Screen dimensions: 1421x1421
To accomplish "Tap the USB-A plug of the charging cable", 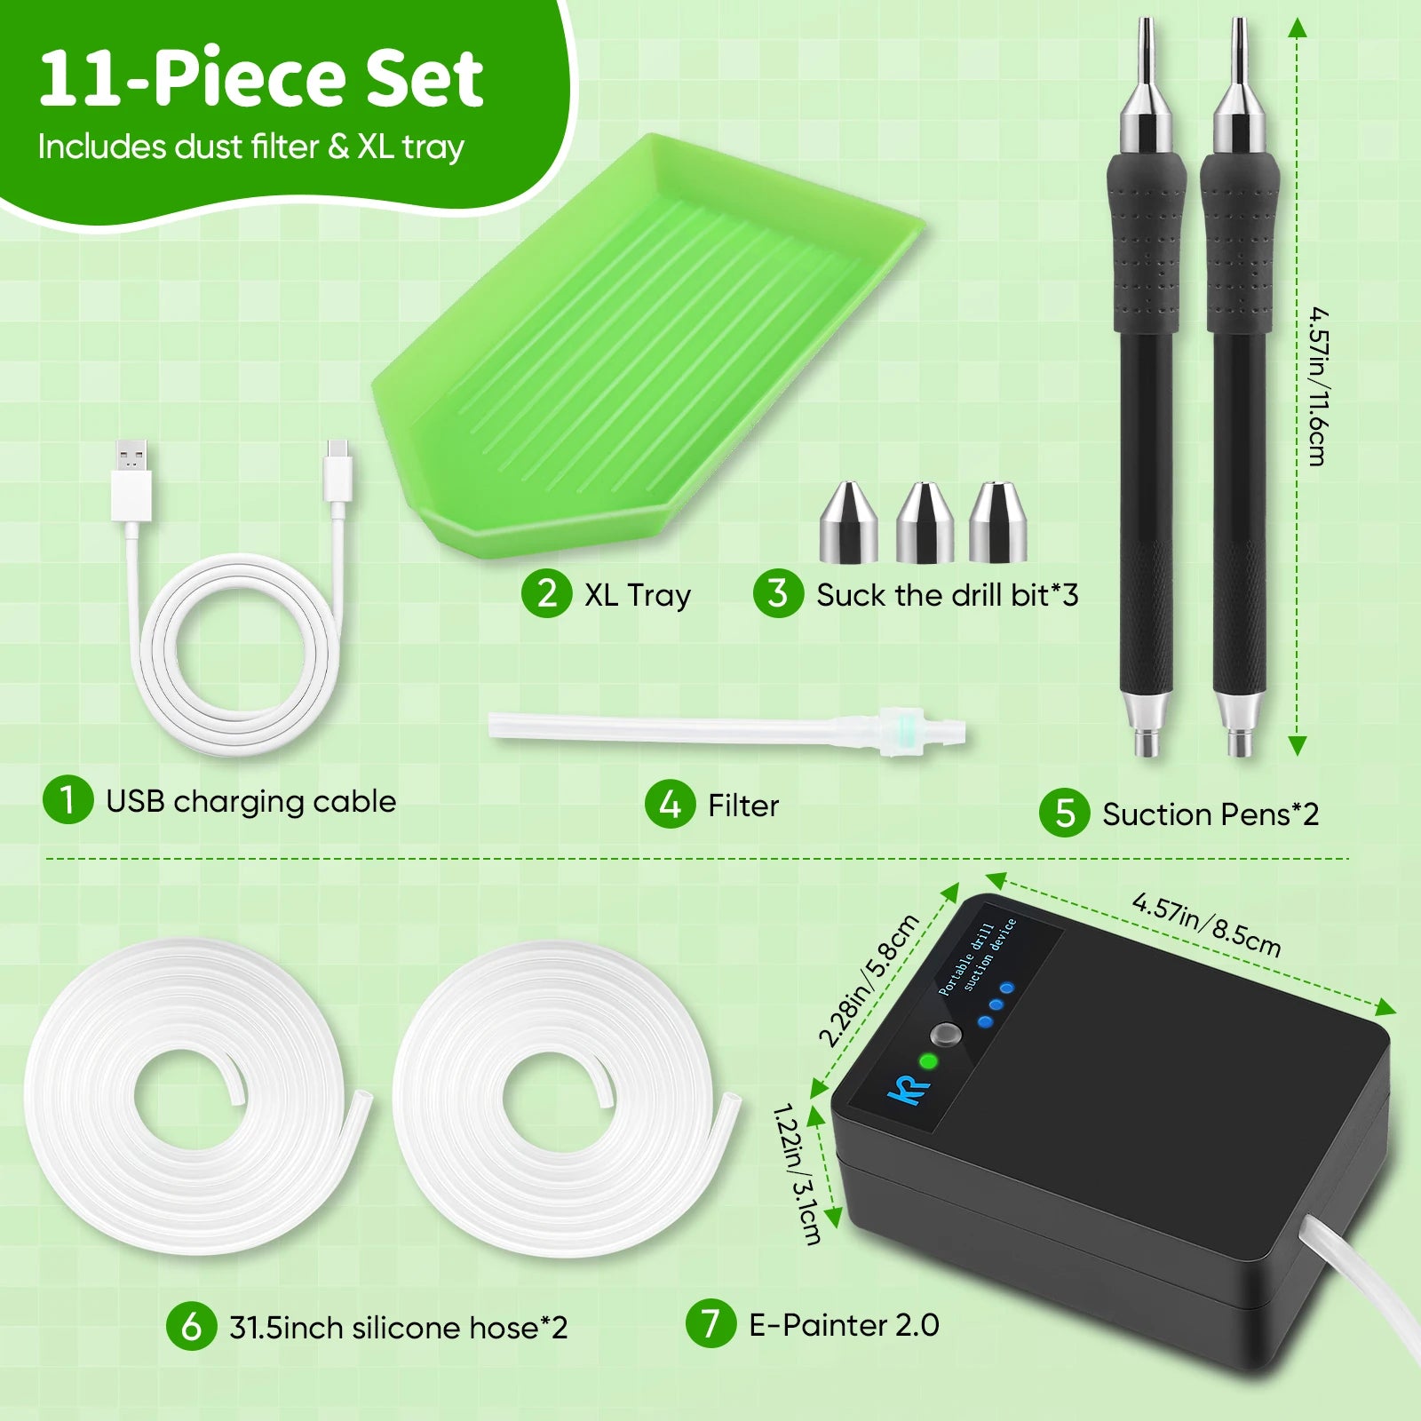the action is pyautogui.click(x=131, y=480).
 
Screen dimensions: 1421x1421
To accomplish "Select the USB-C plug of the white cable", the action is pyautogui.click(x=338, y=472).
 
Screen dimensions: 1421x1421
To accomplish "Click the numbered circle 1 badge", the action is pyautogui.click(x=67, y=799).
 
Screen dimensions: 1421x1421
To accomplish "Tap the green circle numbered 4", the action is pyautogui.click(x=670, y=804).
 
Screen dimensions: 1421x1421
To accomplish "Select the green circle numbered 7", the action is pyautogui.click(x=710, y=1323).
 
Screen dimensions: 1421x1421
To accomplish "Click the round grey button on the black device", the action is pyautogui.click(x=946, y=1036).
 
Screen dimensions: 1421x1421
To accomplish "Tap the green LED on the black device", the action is pyautogui.click(x=928, y=1061).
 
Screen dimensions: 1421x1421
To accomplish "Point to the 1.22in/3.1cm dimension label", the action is pyautogui.click(x=797, y=1172).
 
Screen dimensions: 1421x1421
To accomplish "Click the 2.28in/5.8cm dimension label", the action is pyautogui.click(x=868, y=980).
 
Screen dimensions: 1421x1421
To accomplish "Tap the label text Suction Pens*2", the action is pyautogui.click(x=1211, y=814).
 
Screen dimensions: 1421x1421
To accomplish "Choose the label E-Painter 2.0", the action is pyautogui.click(x=844, y=1324).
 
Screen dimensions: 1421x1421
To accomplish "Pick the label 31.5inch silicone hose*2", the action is pyautogui.click(x=398, y=1327).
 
